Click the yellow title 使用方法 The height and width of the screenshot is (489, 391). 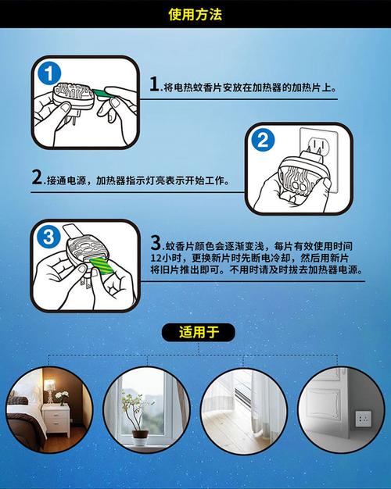click(195, 14)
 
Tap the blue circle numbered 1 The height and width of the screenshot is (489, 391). click(49, 74)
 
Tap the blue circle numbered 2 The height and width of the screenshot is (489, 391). click(263, 140)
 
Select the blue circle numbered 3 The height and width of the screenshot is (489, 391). click(48, 237)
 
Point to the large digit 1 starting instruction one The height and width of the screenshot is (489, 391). click(154, 84)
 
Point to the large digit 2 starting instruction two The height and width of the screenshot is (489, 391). click(38, 177)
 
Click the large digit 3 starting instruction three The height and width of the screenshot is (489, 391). click(156, 243)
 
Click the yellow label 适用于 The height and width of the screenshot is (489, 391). click(199, 332)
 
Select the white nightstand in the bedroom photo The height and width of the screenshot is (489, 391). click(56, 419)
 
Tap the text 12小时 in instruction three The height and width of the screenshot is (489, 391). click(165, 259)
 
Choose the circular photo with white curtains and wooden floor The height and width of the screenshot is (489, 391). click(244, 410)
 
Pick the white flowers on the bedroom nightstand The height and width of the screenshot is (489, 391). click(62, 395)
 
